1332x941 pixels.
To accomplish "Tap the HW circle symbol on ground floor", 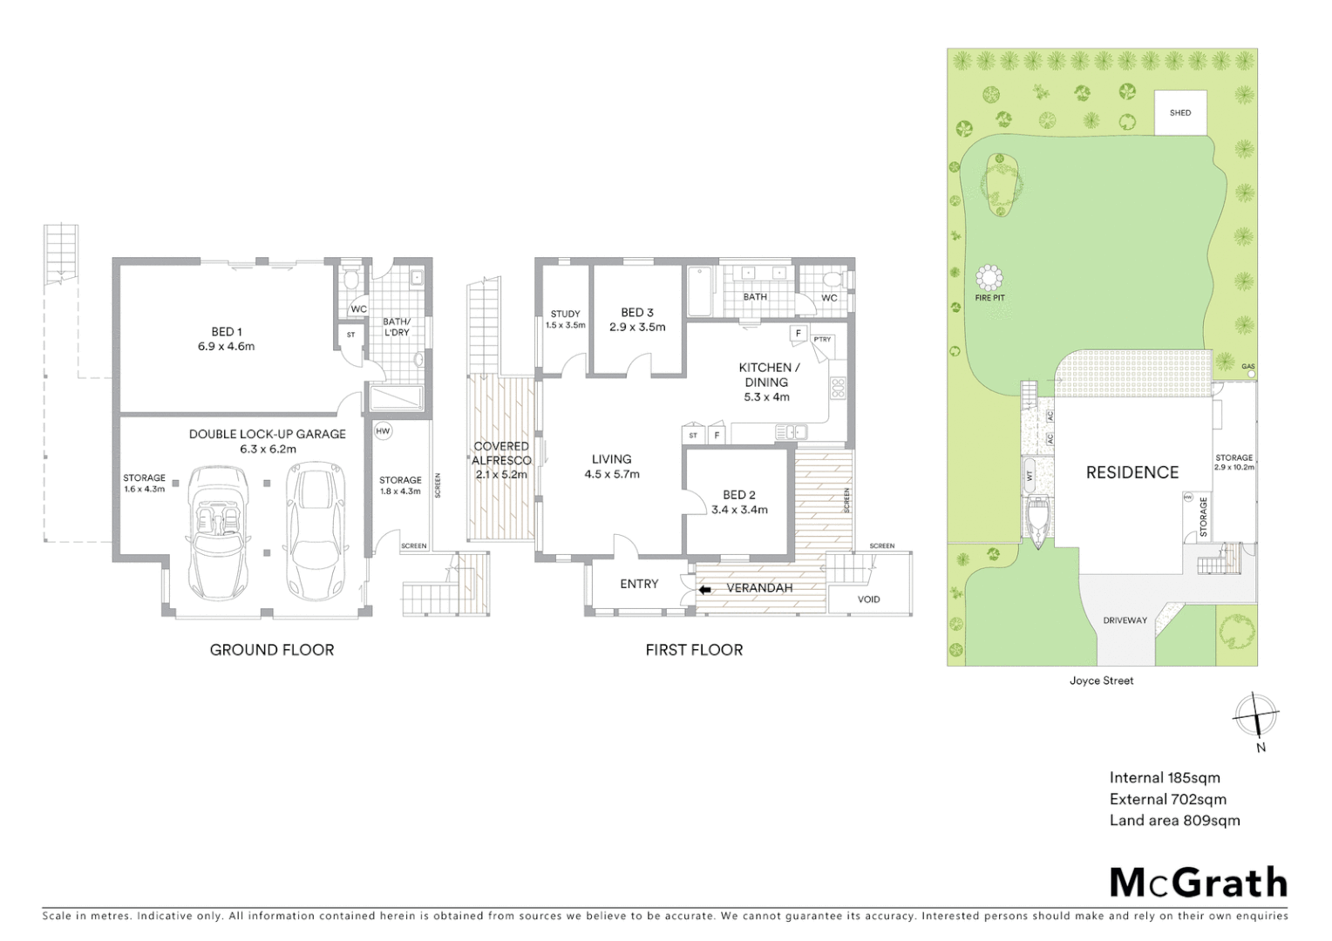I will (x=384, y=431).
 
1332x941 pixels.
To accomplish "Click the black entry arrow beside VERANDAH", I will (x=705, y=590).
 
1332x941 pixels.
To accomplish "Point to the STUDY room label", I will (x=565, y=315).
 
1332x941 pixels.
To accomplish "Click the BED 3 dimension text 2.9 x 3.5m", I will (x=637, y=328).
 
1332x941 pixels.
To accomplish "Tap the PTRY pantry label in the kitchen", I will (x=821, y=340).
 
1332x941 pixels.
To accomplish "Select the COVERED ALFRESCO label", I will (x=501, y=453).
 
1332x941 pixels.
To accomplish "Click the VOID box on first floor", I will (x=868, y=599).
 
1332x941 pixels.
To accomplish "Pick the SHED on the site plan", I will (x=1180, y=112).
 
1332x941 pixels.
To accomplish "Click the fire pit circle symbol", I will (x=989, y=278).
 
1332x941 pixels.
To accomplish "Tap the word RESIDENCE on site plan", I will (x=1132, y=472).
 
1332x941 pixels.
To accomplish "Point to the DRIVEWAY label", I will (x=1125, y=620).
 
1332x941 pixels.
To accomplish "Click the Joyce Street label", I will (x=1102, y=681).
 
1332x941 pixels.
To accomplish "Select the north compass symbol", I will (x=1255, y=715).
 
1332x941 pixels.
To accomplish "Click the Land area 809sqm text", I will (x=1174, y=820).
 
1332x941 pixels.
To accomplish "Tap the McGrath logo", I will (x=1198, y=883).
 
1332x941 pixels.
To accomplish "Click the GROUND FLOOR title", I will (x=272, y=650).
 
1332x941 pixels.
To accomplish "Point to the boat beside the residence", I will (x=1037, y=522).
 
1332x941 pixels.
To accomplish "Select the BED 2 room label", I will (x=739, y=495).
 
